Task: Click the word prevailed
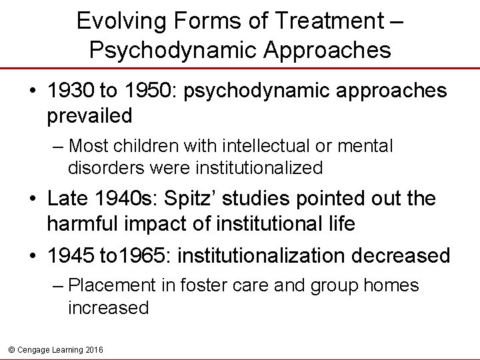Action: (90, 116)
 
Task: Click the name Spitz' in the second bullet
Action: (197, 199)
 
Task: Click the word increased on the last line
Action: (108, 309)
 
